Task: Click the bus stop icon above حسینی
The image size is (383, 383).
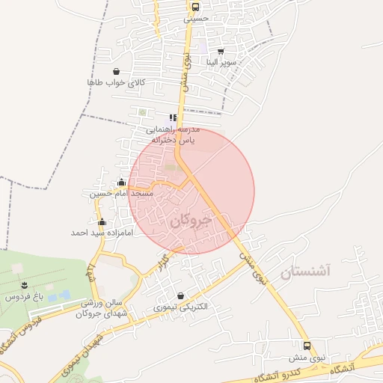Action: coord(195,7)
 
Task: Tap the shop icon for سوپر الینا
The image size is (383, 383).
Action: coord(220,52)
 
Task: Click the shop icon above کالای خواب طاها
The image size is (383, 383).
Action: coord(115,72)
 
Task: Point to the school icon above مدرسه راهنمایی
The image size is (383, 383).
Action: coord(174,117)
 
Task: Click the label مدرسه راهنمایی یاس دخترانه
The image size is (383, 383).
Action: coord(174,134)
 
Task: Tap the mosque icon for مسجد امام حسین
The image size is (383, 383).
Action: coord(121,182)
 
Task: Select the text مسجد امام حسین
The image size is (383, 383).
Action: coord(121,193)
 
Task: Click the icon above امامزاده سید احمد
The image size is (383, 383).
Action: coord(102,222)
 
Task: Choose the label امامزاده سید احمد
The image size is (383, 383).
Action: coord(102,233)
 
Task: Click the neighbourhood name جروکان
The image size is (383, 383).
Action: coord(191,221)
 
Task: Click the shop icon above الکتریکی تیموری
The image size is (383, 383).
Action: coord(180,296)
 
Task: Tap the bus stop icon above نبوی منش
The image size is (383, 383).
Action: coord(307,346)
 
